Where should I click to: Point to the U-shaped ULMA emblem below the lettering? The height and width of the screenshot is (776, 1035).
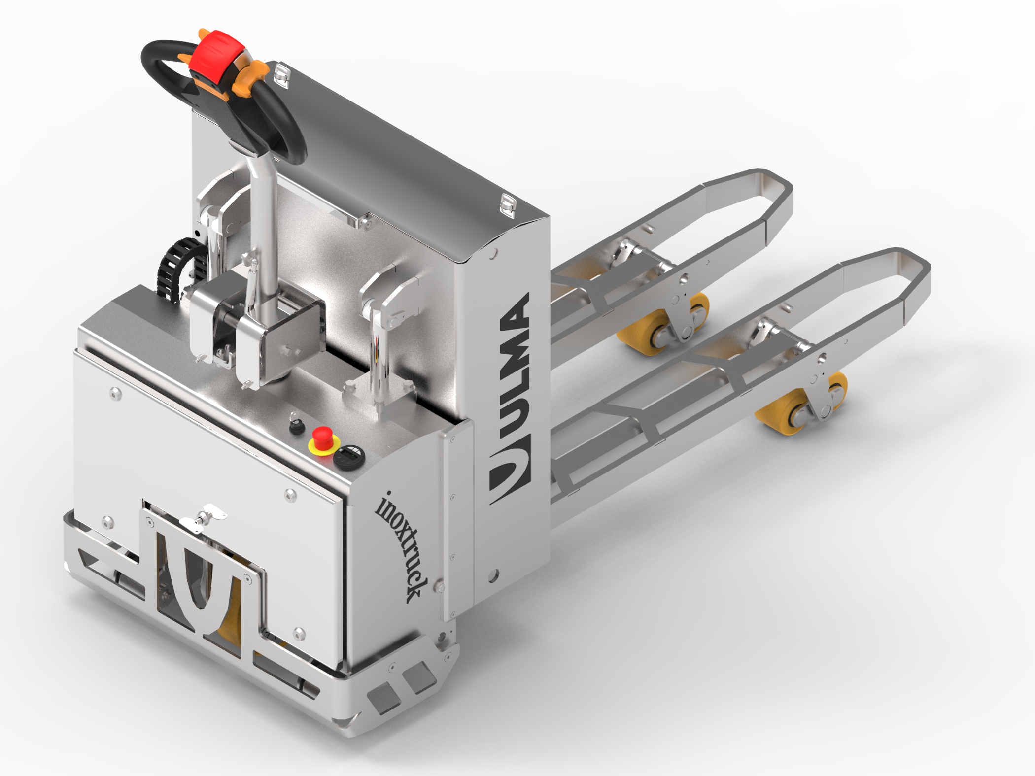pyautogui.click(x=510, y=473)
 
